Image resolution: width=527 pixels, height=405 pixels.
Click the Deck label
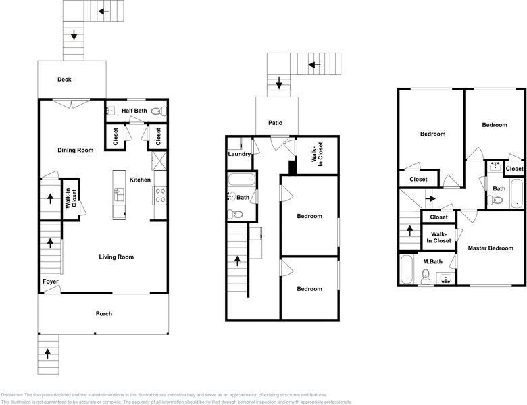pyautogui.click(x=64, y=80)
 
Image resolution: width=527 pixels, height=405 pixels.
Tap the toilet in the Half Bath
pyautogui.click(x=157, y=111)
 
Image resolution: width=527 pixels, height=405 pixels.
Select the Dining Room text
pyautogui.click(x=76, y=150)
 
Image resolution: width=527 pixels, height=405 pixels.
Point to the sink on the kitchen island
pyautogui.click(x=119, y=196)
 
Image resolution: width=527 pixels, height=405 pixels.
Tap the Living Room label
pyautogui.click(x=116, y=256)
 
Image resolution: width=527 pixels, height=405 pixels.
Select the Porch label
pyautogui.click(x=103, y=313)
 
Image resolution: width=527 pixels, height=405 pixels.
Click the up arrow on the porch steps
pyautogui.click(x=47, y=352)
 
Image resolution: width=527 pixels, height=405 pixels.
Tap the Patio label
pyautogui.click(x=275, y=123)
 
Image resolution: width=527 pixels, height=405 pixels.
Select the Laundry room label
pyautogui.click(x=239, y=154)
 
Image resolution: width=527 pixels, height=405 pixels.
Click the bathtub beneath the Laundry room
pyautogui.click(x=241, y=180)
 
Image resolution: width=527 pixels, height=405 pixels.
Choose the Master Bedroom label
pyautogui.click(x=491, y=248)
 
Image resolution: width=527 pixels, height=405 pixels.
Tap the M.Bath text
pyautogui.click(x=432, y=261)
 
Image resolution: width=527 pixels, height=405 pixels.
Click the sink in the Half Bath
pyautogui.click(x=111, y=111)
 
